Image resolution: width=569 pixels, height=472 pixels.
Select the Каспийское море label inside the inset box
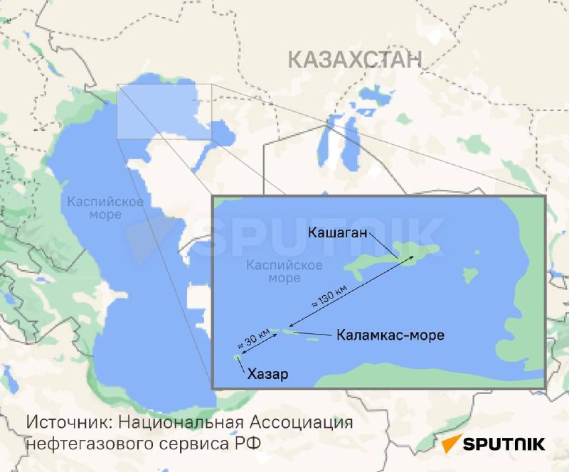tap(274, 272)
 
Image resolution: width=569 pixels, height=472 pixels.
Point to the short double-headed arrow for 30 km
tap(260, 343)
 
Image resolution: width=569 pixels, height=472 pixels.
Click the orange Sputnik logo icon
tap(451, 444)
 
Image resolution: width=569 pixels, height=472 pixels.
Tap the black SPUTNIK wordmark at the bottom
tap(504, 444)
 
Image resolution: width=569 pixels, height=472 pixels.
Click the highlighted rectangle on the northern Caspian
tap(165, 111)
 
